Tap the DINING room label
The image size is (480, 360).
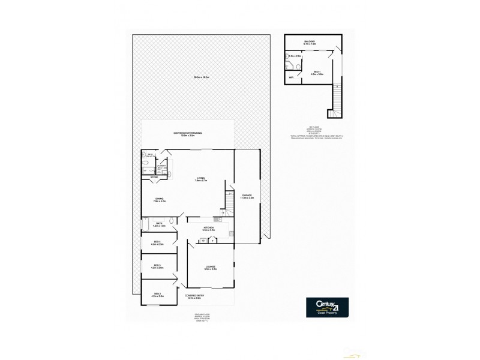tap(159, 199)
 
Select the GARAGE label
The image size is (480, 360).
tap(247, 196)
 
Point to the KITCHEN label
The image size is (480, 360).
tap(208, 228)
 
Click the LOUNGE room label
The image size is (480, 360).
tap(210, 267)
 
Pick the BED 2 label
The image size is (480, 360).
tap(157, 294)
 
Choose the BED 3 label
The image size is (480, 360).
tap(157, 266)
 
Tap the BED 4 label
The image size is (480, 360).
tap(157, 242)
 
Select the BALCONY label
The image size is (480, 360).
tap(310, 41)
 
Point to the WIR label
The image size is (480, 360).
tap(292, 77)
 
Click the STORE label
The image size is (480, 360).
tap(154, 178)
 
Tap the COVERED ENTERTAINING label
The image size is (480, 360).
tap(188, 133)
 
